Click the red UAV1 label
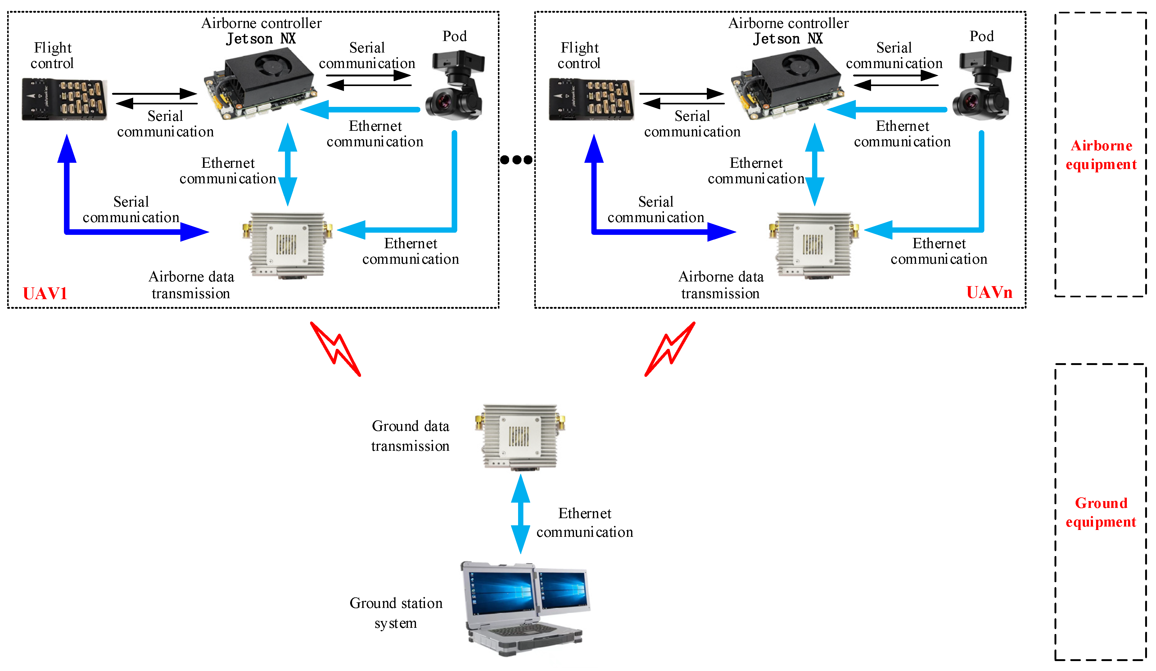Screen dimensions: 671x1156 tap(45, 293)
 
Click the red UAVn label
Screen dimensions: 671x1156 tap(989, 292)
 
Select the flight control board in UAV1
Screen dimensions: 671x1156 tap(64, 99)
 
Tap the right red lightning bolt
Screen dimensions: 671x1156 tap(670, 349)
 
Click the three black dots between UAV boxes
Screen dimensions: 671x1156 tap(516, 160)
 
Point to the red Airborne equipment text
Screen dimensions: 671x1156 tap(1101, 155)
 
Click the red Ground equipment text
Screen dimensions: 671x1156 tap(1101, 512)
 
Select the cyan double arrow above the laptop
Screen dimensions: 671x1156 tap(521, 514)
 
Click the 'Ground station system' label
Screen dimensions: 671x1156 tap(396, 613)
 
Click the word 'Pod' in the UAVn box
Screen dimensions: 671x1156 tap(981, 36)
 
